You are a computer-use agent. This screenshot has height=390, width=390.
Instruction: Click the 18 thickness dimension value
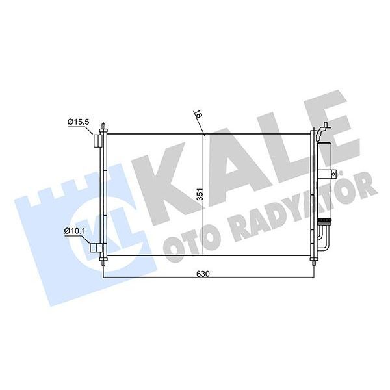(x=198, y=115)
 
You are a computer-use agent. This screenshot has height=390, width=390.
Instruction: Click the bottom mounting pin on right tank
(x=315, y=262)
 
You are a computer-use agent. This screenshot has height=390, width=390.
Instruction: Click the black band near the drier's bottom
(x=323, y=221)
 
